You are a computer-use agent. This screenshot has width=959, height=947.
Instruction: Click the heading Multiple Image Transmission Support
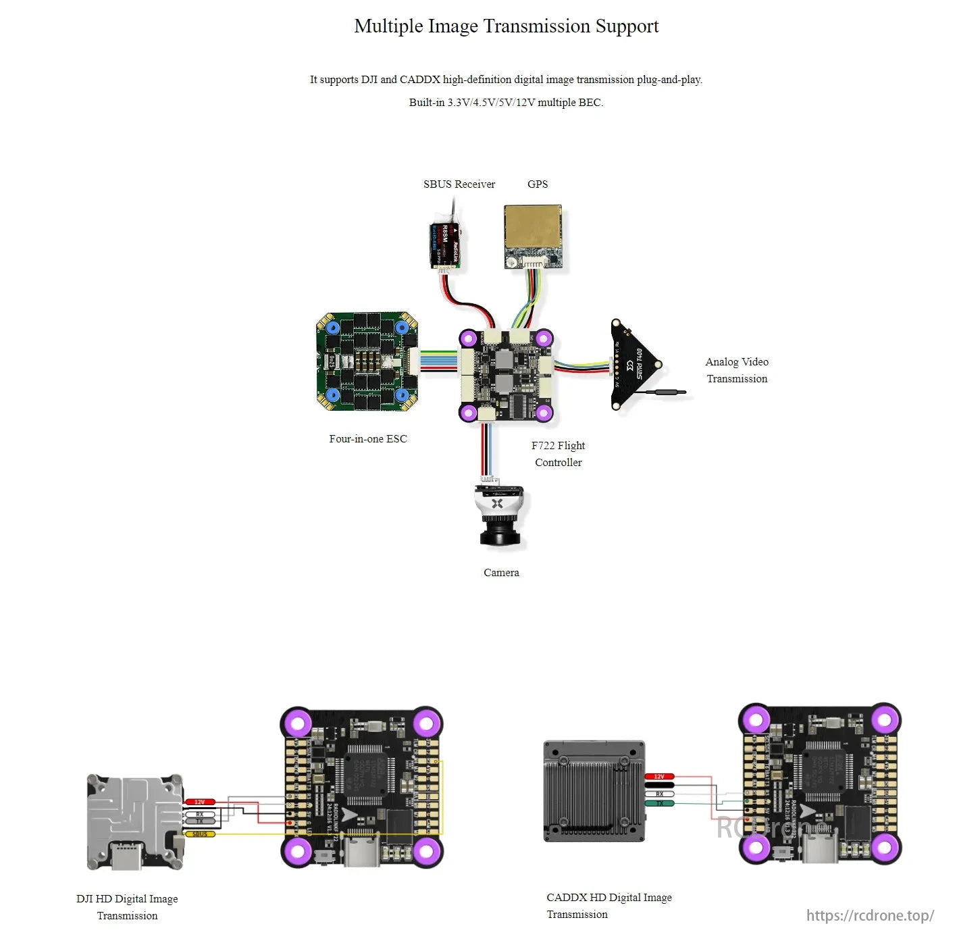click(x=506, y=26)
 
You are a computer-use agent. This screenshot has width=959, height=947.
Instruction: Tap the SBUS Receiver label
click(x=459, y=184)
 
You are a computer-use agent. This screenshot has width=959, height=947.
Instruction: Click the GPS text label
click(x=537, y=184)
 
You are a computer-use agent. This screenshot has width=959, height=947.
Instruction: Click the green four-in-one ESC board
click(x=367, y=361)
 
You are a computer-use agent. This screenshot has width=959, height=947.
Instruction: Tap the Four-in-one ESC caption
click(x=368, y=439)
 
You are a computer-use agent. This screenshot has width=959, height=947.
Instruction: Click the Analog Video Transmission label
click(x=737, y=370)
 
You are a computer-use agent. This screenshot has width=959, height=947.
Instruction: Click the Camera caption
click(x=501, y=573)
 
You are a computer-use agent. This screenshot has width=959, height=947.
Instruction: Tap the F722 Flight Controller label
click(x=558, y=454)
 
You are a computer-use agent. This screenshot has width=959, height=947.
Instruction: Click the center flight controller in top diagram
click(x=506, y=375)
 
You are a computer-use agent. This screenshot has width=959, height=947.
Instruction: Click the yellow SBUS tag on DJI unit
click(x=200, y=834)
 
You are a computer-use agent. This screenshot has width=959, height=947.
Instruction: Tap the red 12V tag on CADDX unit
click(x=659, y=777)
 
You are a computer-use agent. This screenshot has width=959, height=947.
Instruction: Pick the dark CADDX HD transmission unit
click(x=594, y=791)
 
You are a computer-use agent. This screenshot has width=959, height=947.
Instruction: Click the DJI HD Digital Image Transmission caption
click(x=127, y=907)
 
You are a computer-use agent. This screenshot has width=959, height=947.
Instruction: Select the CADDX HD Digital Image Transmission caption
click(x=608, y=906)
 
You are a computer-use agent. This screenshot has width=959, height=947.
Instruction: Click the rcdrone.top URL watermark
click(x=870, y=915)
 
